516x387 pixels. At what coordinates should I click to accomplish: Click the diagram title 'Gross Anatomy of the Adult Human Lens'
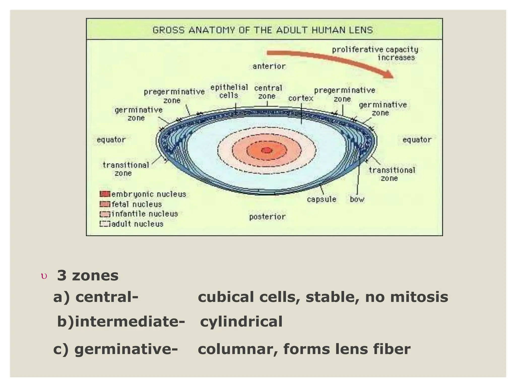pyautogui.click(x=263, y=30)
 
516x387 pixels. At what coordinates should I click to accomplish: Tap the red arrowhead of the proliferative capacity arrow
pyautogui.click(x=388, y=75)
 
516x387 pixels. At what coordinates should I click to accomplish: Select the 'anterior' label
pyautogui.click(x=269, y=66)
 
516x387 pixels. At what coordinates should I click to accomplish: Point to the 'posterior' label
pyautogui.click(x=267, y=217)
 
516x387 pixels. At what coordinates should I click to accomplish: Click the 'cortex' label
pyautogui.click(x=301, y=98)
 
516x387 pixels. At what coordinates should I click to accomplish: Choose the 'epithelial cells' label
pyautogui.click(x=229, y=91)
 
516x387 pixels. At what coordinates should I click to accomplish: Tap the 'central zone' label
pyautogui.click(x=268, y=92)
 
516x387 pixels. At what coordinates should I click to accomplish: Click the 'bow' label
pyautogui.click(x=357, y=199)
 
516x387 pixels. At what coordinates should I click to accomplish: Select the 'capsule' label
pyautogui.click(x=321, y=199)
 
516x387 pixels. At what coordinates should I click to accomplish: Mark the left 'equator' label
pyautogui.click(x=111, y=140)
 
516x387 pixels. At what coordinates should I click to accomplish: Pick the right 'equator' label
pyautogui.click(x=417, y=140)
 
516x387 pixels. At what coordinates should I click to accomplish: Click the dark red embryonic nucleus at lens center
pyautogui.click(x=267, y=150)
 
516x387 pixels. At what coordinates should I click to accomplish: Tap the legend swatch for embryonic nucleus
pyautogui.click(x=105, y=194)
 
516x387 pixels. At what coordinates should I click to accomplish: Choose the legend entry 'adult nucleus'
pyautogui.click(x=137, y=224)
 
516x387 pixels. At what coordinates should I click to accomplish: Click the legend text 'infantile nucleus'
pyautogui.click(x=145, y=214)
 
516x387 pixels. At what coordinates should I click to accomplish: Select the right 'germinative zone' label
pyautogui.click(x=382, y=109)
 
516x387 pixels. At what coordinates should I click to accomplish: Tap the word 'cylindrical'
pyautogui.click(x=241, y=322)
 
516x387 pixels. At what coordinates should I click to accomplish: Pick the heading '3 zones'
pyautogui.click(x=87, y=275)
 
